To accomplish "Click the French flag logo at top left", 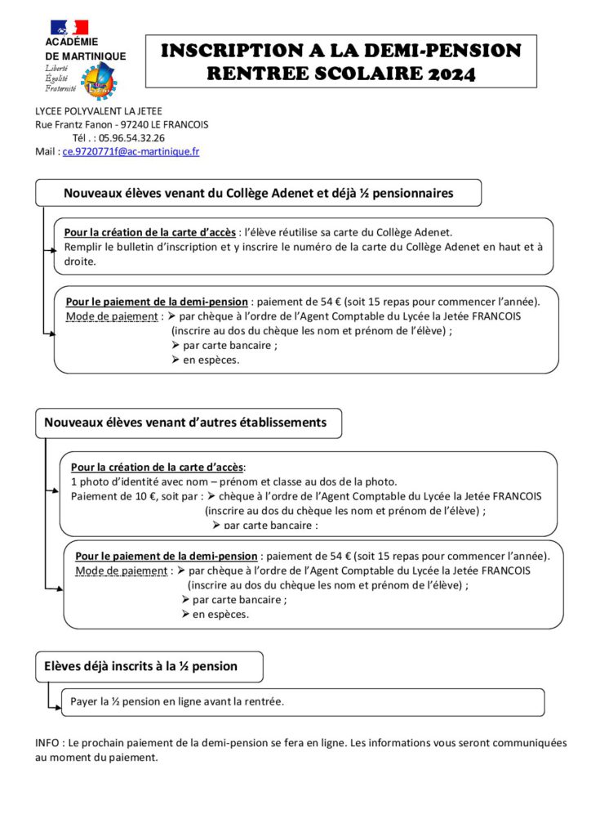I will point(69,27).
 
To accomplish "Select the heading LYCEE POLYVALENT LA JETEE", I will point(99,111).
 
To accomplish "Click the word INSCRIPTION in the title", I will point(224,51).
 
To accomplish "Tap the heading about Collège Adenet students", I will point(258,193).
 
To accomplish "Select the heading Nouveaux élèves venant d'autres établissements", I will point(185,423).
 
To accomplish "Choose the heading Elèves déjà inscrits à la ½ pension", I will point(140,666).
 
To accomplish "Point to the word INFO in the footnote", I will point(47,743).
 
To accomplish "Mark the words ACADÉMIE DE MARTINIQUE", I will point(85,49).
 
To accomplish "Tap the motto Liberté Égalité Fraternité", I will point(60,78).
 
